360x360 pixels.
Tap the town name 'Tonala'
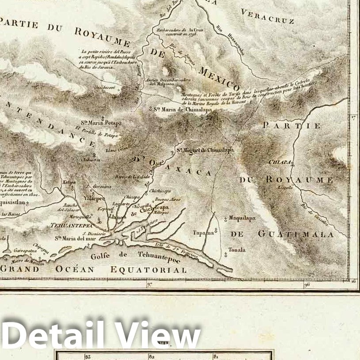(237, 250)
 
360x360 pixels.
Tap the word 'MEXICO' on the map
(219, 78)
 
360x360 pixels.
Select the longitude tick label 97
(149, 285)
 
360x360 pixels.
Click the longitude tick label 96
(307, 285)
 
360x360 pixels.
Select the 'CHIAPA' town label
(280, 162)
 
